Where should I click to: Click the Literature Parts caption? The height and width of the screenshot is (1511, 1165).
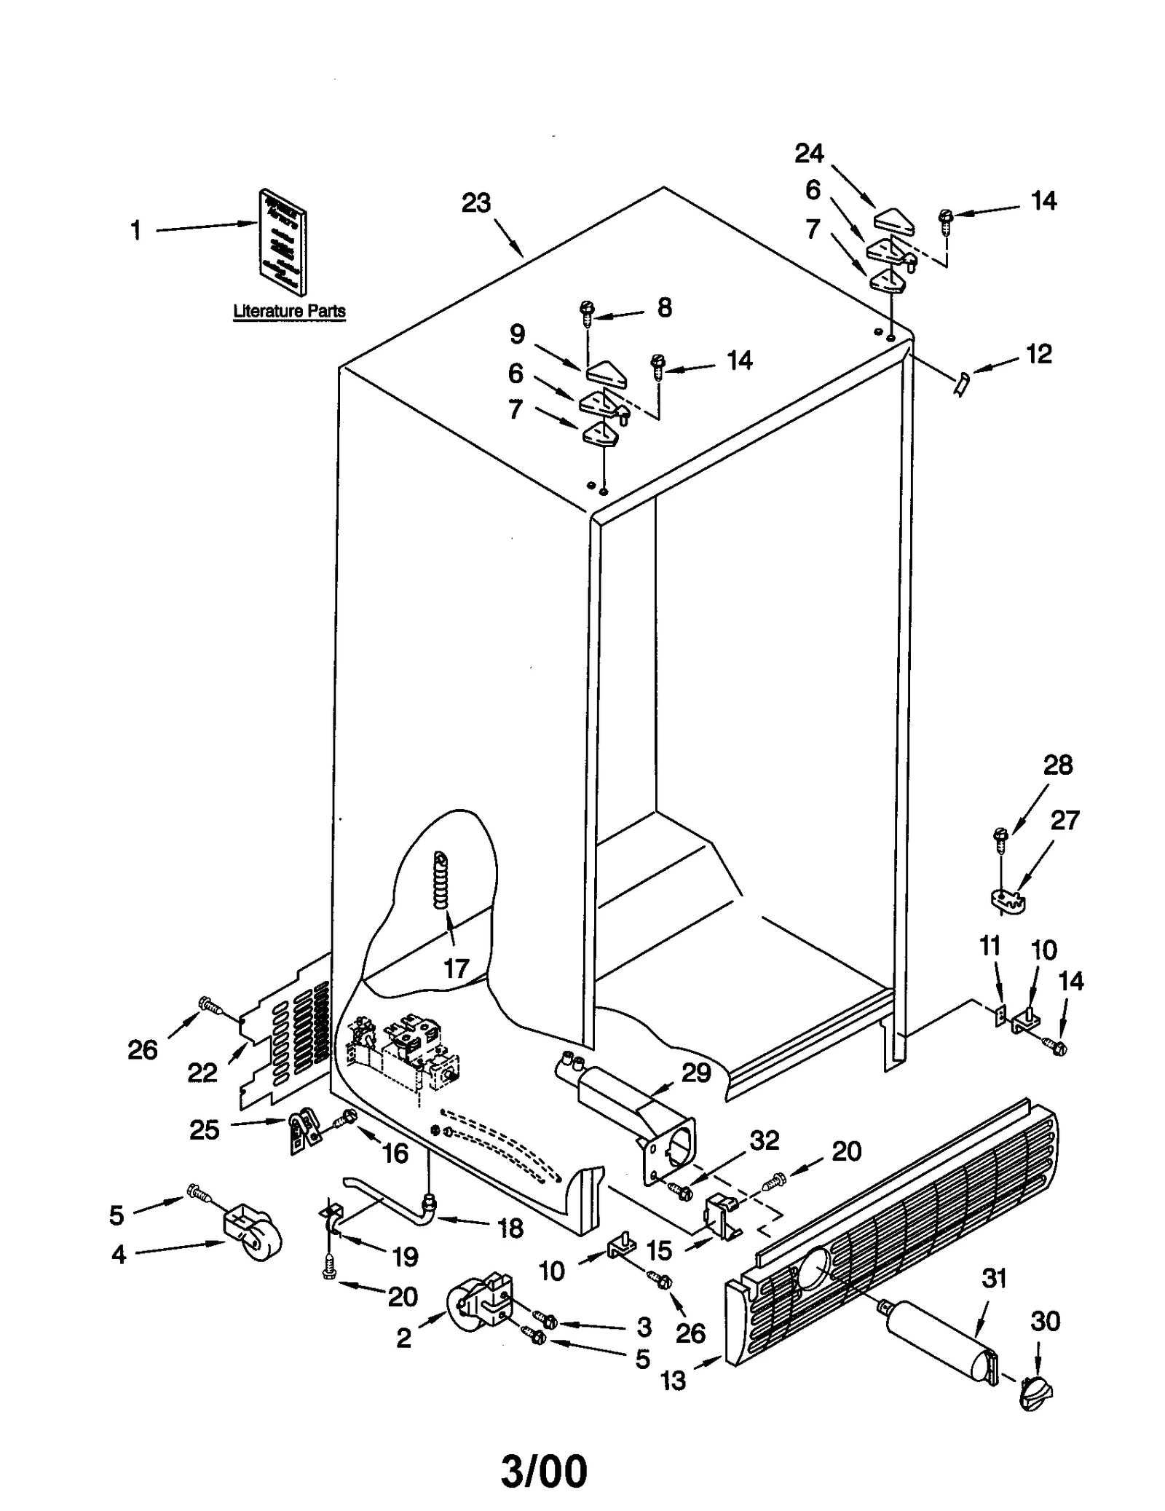289,311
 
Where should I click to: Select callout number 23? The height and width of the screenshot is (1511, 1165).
476,203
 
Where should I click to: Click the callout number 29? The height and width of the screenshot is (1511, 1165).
695,1073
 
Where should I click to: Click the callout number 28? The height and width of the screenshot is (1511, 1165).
1057,765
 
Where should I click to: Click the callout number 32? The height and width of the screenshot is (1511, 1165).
765,1140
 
